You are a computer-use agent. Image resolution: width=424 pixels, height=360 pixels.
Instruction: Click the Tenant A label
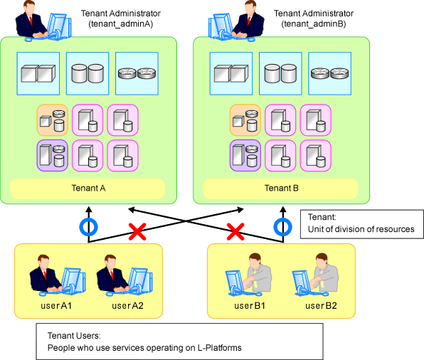(88, 188)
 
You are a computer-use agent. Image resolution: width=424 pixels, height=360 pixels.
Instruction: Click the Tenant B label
(282, 188)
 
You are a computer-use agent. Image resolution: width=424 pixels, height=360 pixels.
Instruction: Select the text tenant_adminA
(121, 24)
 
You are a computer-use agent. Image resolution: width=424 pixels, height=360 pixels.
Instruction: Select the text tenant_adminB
(314, 24)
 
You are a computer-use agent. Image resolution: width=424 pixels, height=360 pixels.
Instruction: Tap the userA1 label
(56, 306)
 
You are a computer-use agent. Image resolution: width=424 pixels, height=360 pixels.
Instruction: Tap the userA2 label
(127, 306)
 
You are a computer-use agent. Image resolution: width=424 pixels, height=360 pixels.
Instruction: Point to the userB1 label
(250, 306)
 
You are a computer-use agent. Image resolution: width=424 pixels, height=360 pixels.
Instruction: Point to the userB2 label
(321, 306)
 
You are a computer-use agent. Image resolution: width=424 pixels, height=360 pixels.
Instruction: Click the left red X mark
(137, 232)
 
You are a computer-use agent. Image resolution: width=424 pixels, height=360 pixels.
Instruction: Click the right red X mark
(235, 232)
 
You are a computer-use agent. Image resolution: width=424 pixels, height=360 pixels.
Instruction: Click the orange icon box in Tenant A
(53, 120)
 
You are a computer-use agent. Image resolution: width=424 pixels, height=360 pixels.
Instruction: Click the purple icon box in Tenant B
(245, 156)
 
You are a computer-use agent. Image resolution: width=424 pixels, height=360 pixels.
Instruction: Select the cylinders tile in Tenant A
(88, 73)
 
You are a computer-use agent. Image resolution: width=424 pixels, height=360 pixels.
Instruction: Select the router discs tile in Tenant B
(329, 73)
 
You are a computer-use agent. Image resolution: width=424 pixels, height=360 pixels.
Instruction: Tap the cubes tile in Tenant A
(38, 73)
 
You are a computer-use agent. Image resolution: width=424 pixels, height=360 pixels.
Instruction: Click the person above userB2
(316, 274)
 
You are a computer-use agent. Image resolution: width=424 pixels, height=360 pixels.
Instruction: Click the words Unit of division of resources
(361, 229)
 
